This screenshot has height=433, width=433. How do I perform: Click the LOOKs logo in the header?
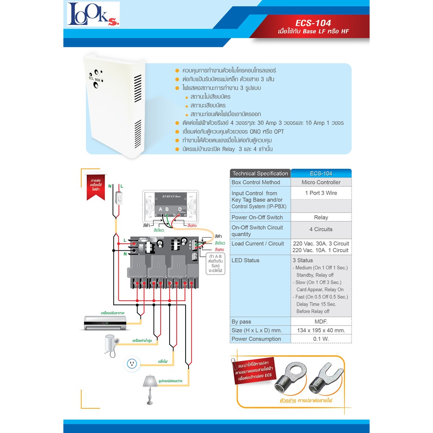(x=93, y=14)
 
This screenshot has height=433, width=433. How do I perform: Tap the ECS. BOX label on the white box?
(x=94, y=79)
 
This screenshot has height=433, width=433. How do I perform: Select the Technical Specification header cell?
(x=260, y=173)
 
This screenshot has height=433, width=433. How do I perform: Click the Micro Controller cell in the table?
(x=321, y=182)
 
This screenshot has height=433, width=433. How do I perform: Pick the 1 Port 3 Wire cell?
(x=321, y=193)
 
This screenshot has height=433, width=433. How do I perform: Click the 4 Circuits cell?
(x=321, y=230)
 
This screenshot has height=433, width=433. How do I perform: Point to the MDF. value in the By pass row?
(x=321, y=322)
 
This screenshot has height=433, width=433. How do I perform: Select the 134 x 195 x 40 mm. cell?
(x=321, y=330)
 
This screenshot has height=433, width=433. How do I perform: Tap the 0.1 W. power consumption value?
(x=321, y=339)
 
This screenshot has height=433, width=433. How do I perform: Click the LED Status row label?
(x=245, y=260)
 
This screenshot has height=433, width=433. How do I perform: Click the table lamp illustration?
(x=149, y=388)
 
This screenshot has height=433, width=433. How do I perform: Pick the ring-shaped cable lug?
(x=288, y=378)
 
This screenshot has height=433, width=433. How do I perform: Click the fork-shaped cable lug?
(x=327, y=377)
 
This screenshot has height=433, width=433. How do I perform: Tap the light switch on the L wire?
(x=120, y=197)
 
